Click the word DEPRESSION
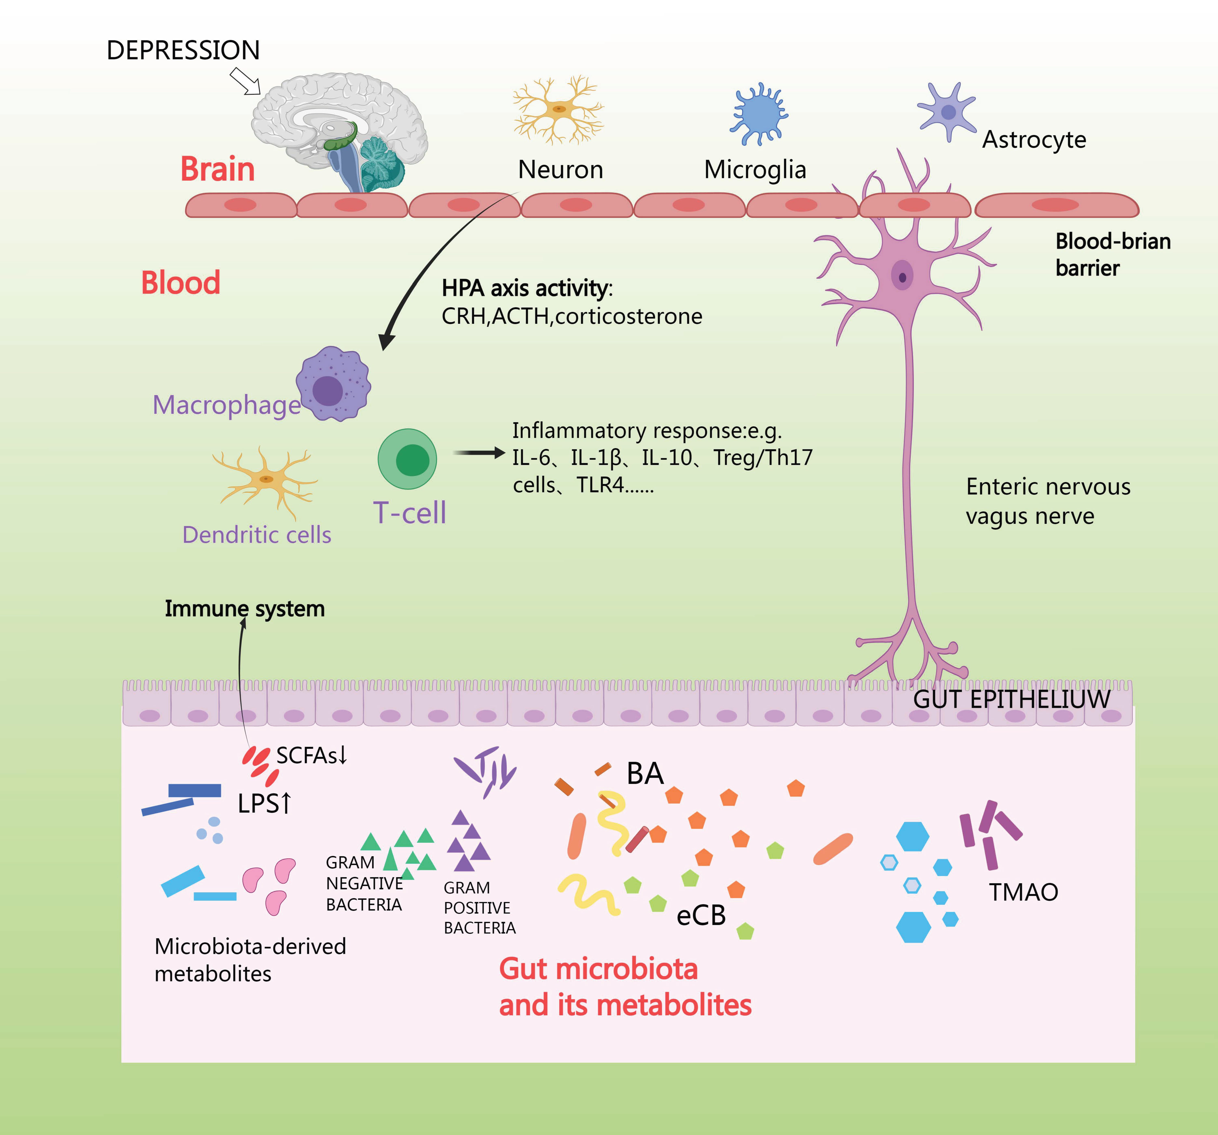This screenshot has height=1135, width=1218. (x=183, y=50)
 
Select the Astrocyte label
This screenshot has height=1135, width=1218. (x=1034, y=140)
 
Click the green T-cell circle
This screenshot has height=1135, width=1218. (x=407, y=459)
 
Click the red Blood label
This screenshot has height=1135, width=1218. (x=181, y=283)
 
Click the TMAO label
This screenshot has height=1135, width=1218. (x=1023, y=892)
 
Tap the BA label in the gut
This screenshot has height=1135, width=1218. (x=645, y=774)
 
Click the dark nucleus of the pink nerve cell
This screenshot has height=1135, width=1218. (x=903, y=277)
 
